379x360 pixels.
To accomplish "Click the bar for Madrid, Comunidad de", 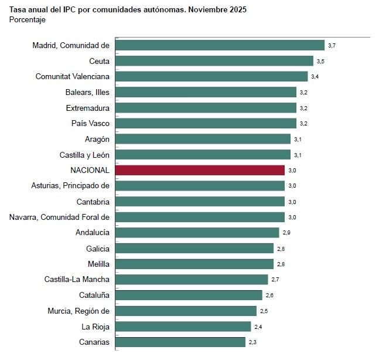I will [220, 45].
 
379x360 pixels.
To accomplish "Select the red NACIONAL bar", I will [200, 170].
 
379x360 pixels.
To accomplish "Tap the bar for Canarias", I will [180, 342].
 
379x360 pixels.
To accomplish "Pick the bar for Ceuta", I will [214, 61].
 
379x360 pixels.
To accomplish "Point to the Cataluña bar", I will [189, 295].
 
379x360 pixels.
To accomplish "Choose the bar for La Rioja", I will [183, 326].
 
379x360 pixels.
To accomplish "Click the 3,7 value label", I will [332, 45].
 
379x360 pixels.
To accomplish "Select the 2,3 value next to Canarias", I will [252, 342].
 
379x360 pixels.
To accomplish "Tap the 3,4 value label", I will [315, 77].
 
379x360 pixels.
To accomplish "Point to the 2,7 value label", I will [275, 280].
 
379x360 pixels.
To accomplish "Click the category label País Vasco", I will [90, 123].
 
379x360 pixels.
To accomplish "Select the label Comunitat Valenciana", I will [73, 77].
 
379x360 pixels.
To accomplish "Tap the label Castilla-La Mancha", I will [77, 279].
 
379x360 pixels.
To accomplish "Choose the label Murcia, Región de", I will [78, 311].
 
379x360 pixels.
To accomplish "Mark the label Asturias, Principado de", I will [70, 186].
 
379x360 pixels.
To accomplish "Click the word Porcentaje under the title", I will [28, 20].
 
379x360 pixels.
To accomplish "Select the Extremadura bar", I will [206, 108].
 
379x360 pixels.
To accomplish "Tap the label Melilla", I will [97, 264].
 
